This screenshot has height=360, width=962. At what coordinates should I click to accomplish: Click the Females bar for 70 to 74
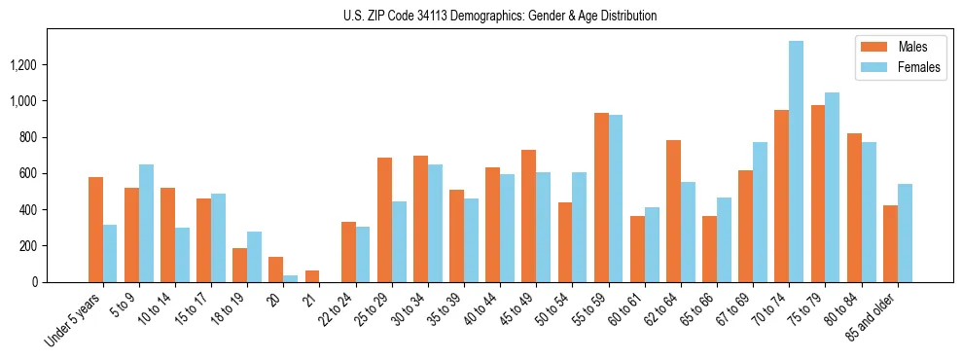tap(796, 162)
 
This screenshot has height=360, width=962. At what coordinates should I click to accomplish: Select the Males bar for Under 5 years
tap(95, 230)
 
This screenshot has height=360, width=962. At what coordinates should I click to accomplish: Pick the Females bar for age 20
tap(291, 278)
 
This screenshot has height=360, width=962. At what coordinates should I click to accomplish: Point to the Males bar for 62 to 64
tap(673, 211)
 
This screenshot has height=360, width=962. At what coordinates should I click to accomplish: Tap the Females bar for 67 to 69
tap(760, 212)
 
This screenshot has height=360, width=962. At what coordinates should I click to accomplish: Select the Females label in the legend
tap(920, 67)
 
